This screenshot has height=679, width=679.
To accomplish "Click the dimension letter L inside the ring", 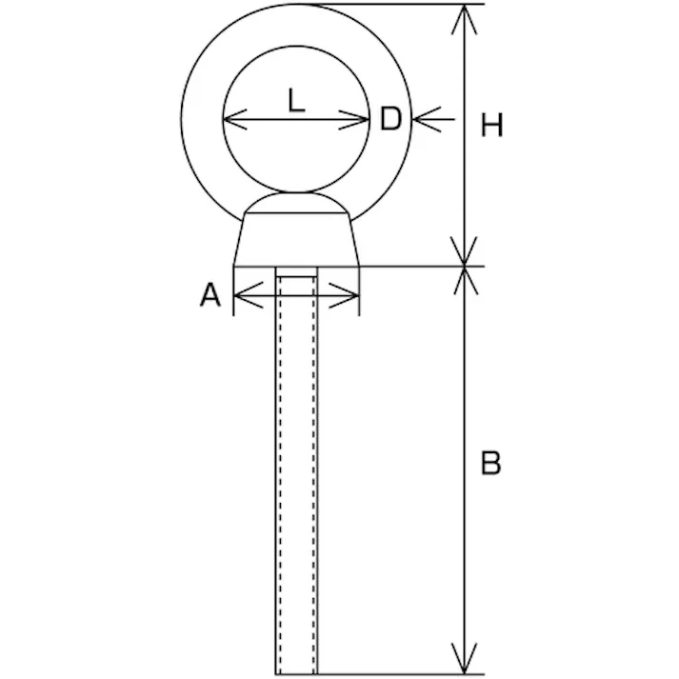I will tap(296, 100).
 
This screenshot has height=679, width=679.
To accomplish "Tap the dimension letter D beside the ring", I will tap(390, 119).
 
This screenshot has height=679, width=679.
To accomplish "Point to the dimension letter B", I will tap(490, 464).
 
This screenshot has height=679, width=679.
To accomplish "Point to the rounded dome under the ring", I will tap(296, 203).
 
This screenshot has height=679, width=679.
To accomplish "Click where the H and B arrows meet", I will tap(465, 267).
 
